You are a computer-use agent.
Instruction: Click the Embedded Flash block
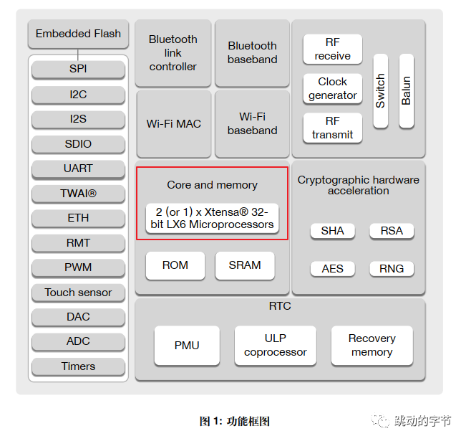78,34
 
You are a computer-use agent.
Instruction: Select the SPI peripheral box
78,70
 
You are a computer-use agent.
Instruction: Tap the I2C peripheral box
78,94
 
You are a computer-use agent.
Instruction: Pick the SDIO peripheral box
78,144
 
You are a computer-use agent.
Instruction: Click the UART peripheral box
78,169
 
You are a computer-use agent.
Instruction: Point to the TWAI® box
78,194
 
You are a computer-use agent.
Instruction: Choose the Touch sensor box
78,293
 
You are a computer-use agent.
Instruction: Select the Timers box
78,366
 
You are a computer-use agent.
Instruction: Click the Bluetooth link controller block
173,53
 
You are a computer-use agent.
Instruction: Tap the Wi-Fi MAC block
173,124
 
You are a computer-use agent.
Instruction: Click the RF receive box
332,49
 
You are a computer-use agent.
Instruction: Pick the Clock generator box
332,88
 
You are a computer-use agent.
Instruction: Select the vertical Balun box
406,91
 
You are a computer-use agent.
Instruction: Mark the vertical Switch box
380,91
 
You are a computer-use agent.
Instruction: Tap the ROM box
175,265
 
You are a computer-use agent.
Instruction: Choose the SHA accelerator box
332,231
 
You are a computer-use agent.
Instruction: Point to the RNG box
392,269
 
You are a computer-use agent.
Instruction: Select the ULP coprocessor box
275,345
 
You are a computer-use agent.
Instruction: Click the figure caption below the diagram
234,422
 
